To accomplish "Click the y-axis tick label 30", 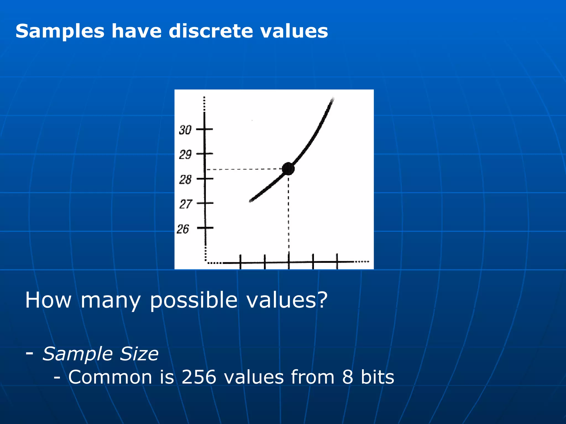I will [185, 130].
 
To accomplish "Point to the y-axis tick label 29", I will [185, 155].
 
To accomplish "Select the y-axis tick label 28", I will [185, 180].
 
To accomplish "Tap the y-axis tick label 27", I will [185, 204].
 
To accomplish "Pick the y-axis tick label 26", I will [183, 229].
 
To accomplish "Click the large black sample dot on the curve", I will [288, 169].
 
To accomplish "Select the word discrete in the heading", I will [211, 31].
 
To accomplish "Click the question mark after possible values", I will [322, 300].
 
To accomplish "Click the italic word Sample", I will [78, 354].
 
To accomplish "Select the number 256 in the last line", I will [198, 377].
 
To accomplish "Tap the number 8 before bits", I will [348, 377].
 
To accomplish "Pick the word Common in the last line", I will [110, 377].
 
